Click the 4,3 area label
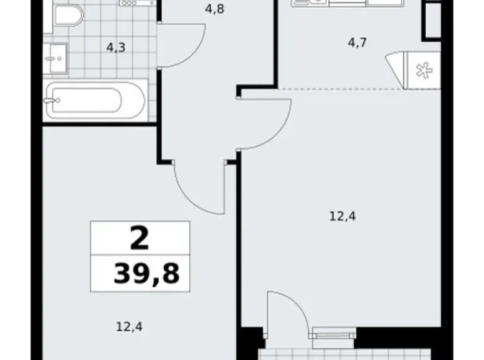(115, 47)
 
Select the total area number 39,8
(146, 274)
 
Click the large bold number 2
(140, 238)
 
